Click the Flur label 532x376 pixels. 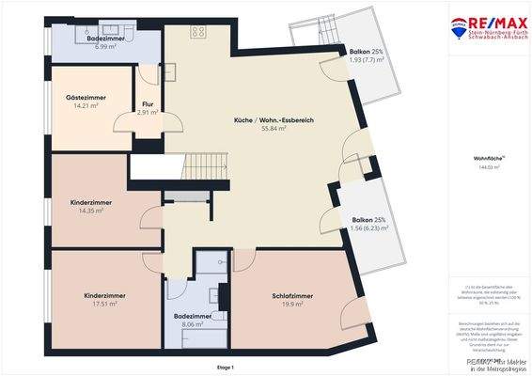pos(148,103)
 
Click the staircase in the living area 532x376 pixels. pos(206,167)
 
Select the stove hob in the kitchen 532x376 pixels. pos(199,31)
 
